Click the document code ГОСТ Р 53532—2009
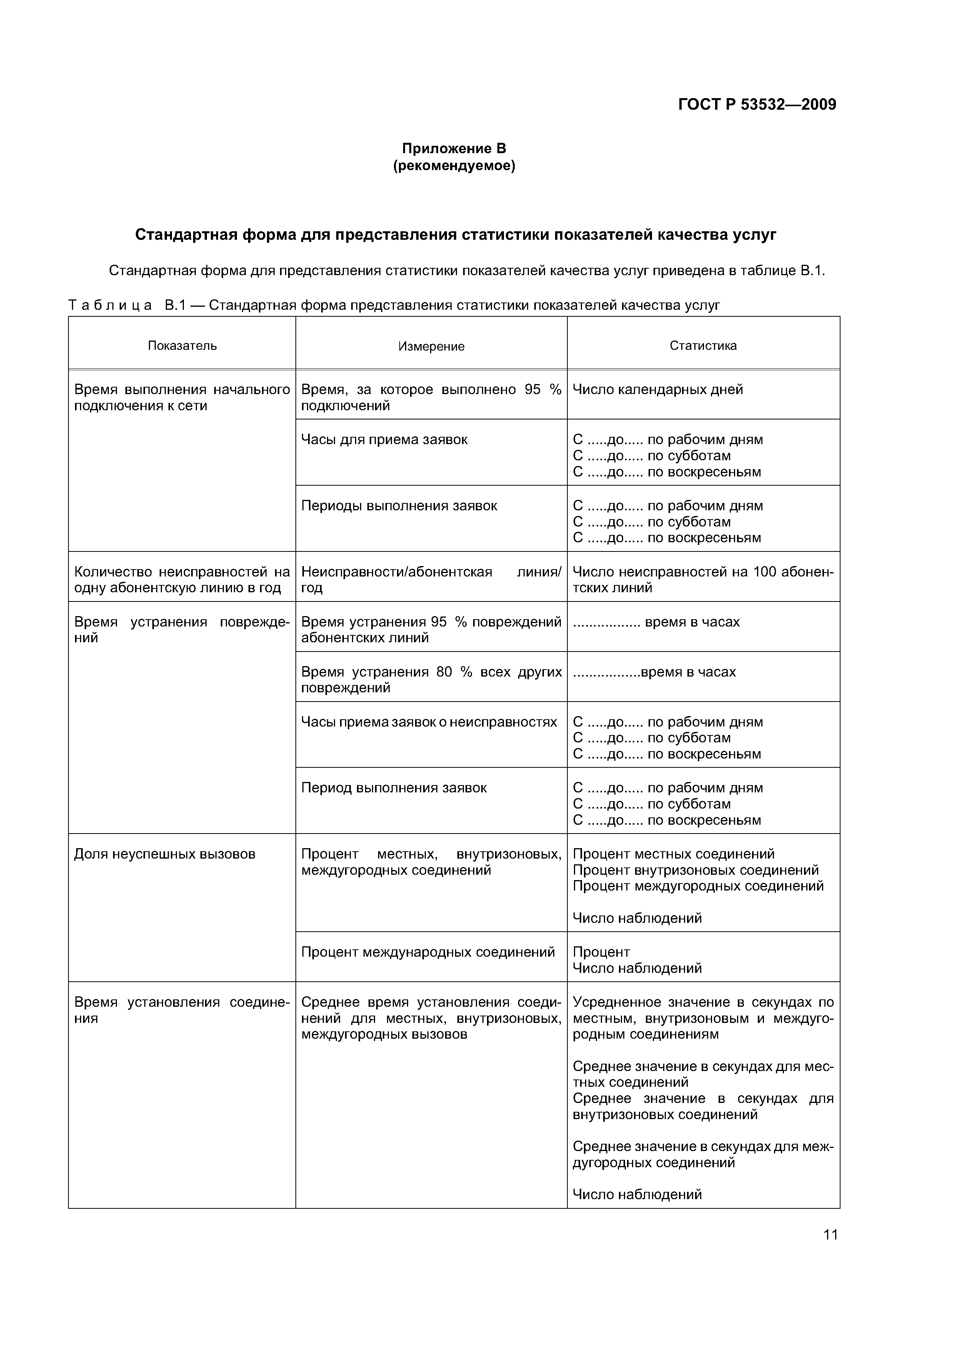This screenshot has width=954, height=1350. pos(757,105)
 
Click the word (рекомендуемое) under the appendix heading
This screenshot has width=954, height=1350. pos(454,166)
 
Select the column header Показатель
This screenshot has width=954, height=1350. pos(182,346)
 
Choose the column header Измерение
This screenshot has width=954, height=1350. pos(432,346)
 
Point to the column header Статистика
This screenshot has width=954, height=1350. pos(703,346)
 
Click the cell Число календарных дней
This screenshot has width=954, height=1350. pos(658,389)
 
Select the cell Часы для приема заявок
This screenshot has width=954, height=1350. pos(384,439)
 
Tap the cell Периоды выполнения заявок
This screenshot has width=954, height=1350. pos(399,506)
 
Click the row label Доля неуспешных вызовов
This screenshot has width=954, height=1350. pos(165,854)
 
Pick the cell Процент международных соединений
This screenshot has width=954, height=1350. pos(428,952)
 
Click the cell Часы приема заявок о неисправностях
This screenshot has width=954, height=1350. pos(429,722)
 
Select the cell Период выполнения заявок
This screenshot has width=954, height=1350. pos(394,788)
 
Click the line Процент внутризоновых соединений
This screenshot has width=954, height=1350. pos(695,870)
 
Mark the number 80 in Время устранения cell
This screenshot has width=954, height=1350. pos(444,672)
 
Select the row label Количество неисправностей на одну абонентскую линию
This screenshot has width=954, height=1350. pos(182,580)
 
